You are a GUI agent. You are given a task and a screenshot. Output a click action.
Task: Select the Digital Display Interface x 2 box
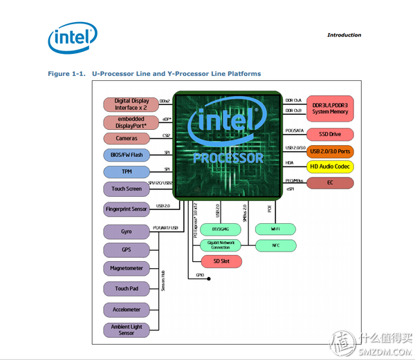[131, 104]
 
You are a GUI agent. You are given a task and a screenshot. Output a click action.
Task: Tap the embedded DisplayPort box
[131, 122]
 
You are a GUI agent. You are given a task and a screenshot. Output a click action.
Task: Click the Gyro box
[127, 231]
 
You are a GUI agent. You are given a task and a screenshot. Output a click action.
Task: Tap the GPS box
[127, 249]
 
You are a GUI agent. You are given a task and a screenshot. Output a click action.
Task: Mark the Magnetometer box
[127, 268]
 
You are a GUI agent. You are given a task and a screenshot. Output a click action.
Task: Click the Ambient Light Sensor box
[127, 329]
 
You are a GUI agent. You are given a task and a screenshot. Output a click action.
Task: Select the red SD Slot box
[221, 261]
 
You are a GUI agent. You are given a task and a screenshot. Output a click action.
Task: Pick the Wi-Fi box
[276, 229]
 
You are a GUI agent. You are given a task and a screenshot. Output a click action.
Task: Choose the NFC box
[276, 245]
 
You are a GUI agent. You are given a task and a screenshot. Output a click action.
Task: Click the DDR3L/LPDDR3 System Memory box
[330, 105]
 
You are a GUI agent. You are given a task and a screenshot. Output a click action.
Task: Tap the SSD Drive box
[330, 134]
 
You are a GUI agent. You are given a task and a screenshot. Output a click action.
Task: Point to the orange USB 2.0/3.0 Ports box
[330, 151]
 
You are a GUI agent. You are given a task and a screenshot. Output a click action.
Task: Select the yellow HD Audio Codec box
[330, 167]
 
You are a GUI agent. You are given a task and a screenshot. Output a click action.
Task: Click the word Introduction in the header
[344, 35]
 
